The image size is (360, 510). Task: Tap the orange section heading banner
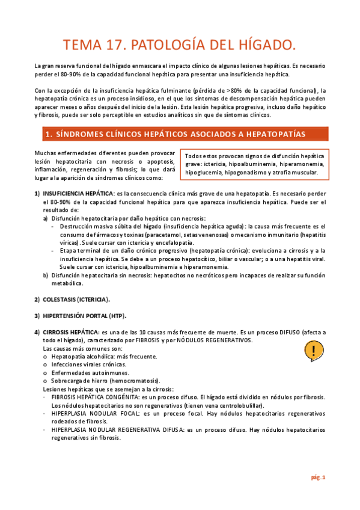coord(180,133)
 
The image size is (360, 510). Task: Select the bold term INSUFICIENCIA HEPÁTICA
coord(78,193)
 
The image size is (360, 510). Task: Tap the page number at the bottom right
coord(318,478)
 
